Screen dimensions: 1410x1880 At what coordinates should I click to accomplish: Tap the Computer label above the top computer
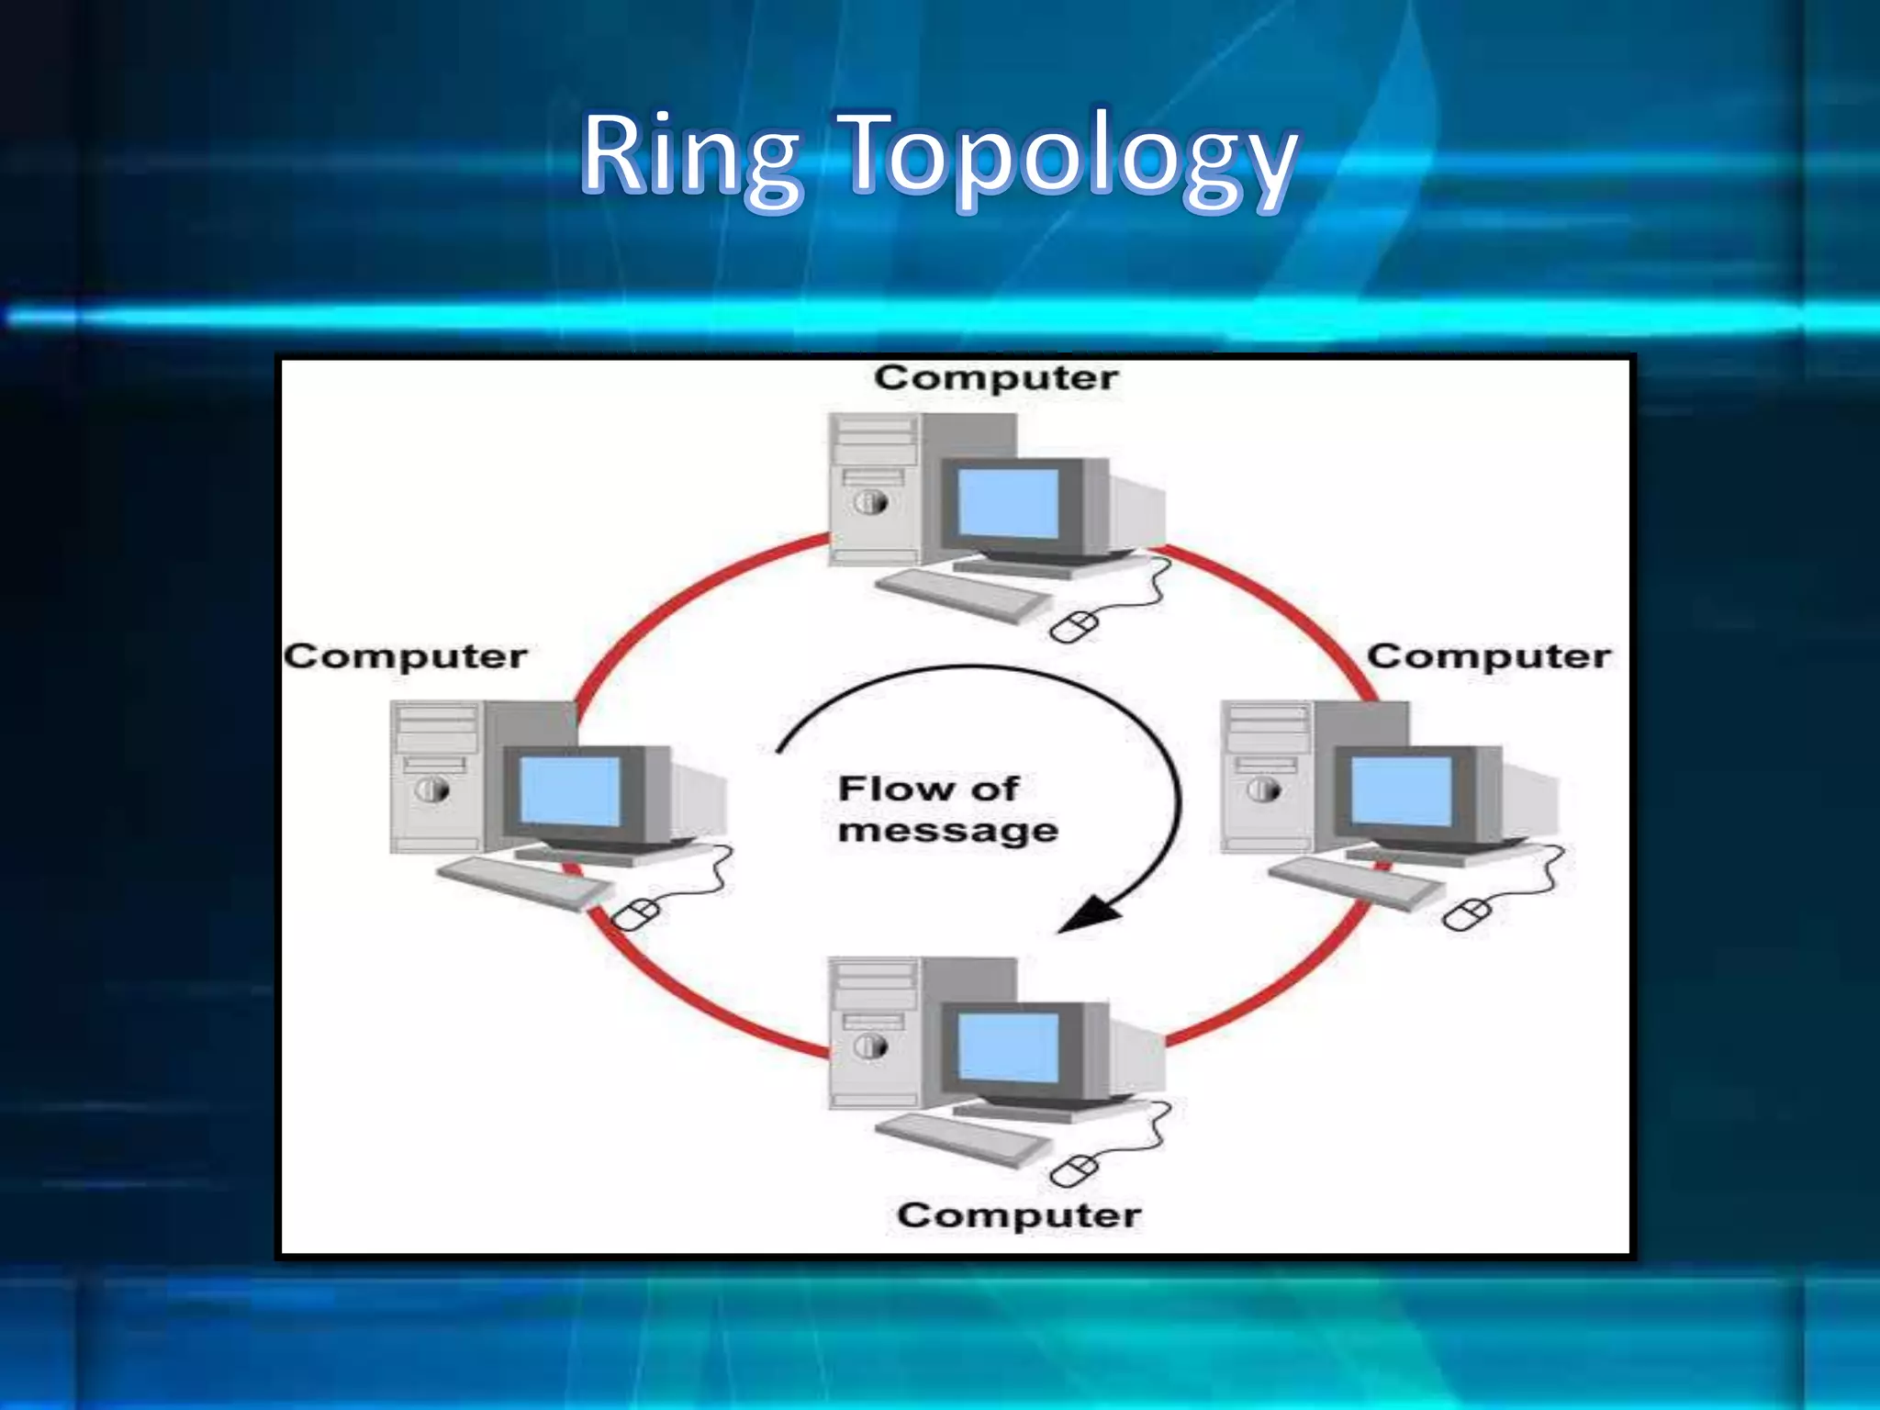(x=996, y=377)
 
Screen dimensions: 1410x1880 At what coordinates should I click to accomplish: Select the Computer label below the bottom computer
(x=1019, y=1215)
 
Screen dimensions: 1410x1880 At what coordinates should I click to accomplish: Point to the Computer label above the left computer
(x=405, y=656)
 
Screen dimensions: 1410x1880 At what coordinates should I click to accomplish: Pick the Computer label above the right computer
(x=1488, y=656)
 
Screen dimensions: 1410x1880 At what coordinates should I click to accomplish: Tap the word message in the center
(x=948, y=831)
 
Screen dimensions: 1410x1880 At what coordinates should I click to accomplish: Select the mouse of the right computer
(x=1466, y=914)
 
